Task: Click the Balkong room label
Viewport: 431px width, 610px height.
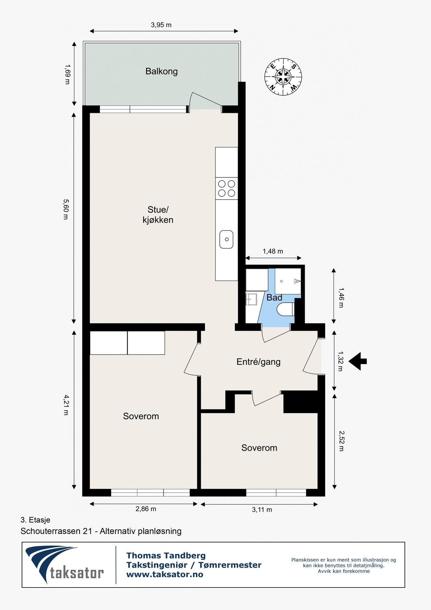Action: pyautogui.click(x=161, y=72)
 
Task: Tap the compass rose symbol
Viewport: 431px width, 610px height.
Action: pyautogui.click(x=283, y=77)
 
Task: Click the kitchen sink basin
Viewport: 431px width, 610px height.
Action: pyautogui.click(x=227, y=239)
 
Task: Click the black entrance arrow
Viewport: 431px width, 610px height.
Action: pyautogui.click(x=358, y=361)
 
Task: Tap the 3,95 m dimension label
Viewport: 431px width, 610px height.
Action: pyautogui.click(x=161, y=25)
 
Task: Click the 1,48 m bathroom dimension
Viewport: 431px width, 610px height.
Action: pyautogui.click(x=273, y=251)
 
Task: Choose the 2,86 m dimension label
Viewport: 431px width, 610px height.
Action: pyautogui.click(x=146, y=509)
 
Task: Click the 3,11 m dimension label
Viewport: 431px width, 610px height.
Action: pyautogui.click(x=262, y=510)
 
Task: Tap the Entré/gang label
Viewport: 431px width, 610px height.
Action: pyautogui.click(x=259, y=362)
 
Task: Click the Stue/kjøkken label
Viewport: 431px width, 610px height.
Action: pyautogui.click(x=158, y=215)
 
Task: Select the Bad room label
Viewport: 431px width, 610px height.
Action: pyautogui.click(x=274, y=298)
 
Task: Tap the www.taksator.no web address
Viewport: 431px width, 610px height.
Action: pyautogui.click(x=165, y=574)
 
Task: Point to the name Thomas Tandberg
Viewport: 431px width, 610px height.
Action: pyautogui.click(x=166, y=555)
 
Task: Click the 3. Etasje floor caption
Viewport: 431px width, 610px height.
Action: pyautogui.click(x=35, y=520)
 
